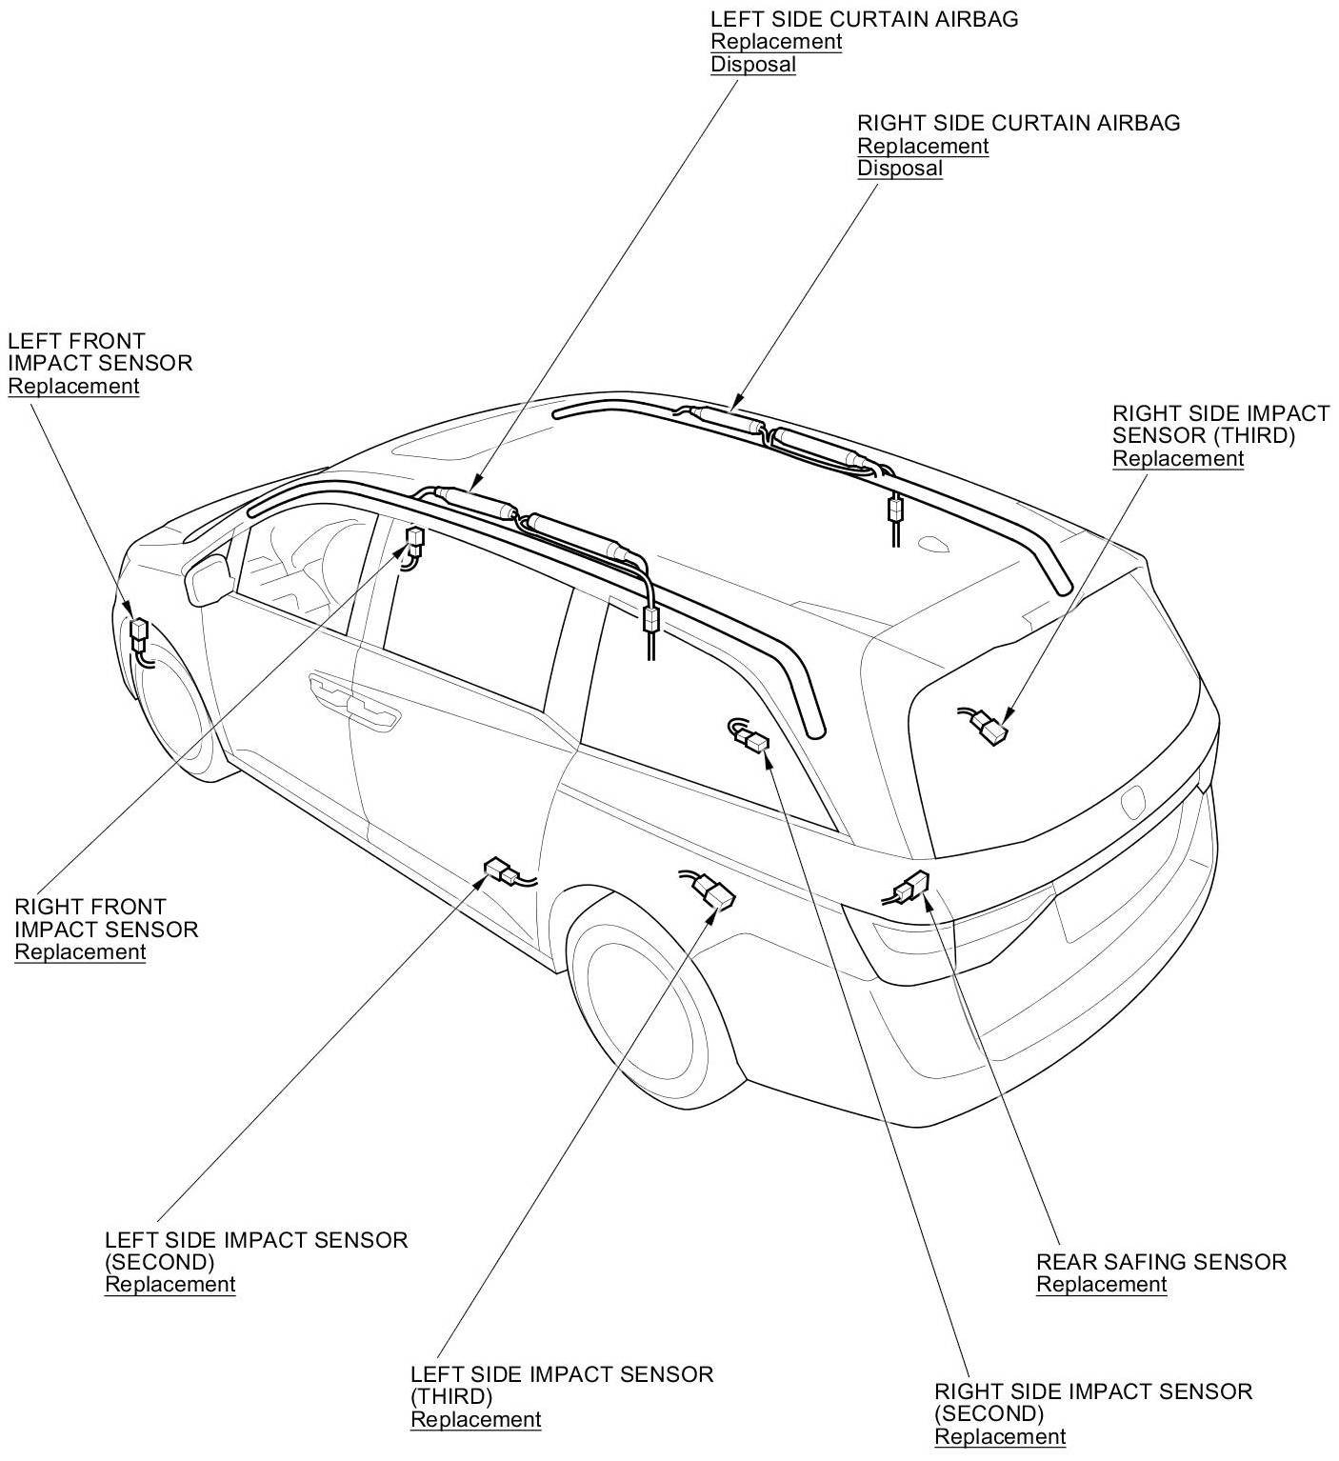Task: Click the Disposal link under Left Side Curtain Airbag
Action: (x=752, y=65)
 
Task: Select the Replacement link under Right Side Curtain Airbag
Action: (x=922, y=146)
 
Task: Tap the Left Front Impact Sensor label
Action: (x=99, y=351)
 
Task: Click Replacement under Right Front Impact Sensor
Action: (x=80, y=951)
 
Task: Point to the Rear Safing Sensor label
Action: (x=1161, y=1262)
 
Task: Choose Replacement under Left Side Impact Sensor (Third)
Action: (x=475, y=1419)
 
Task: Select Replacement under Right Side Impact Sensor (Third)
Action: (x=1177, y=458)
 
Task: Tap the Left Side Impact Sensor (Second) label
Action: (x=255, y=1251)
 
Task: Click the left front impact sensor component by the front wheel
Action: (x=140, y=632)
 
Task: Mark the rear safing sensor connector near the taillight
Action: (x=912, y=887)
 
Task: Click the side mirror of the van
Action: (x=210, y=577)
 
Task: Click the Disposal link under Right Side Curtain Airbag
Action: (x=899, y=169)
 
